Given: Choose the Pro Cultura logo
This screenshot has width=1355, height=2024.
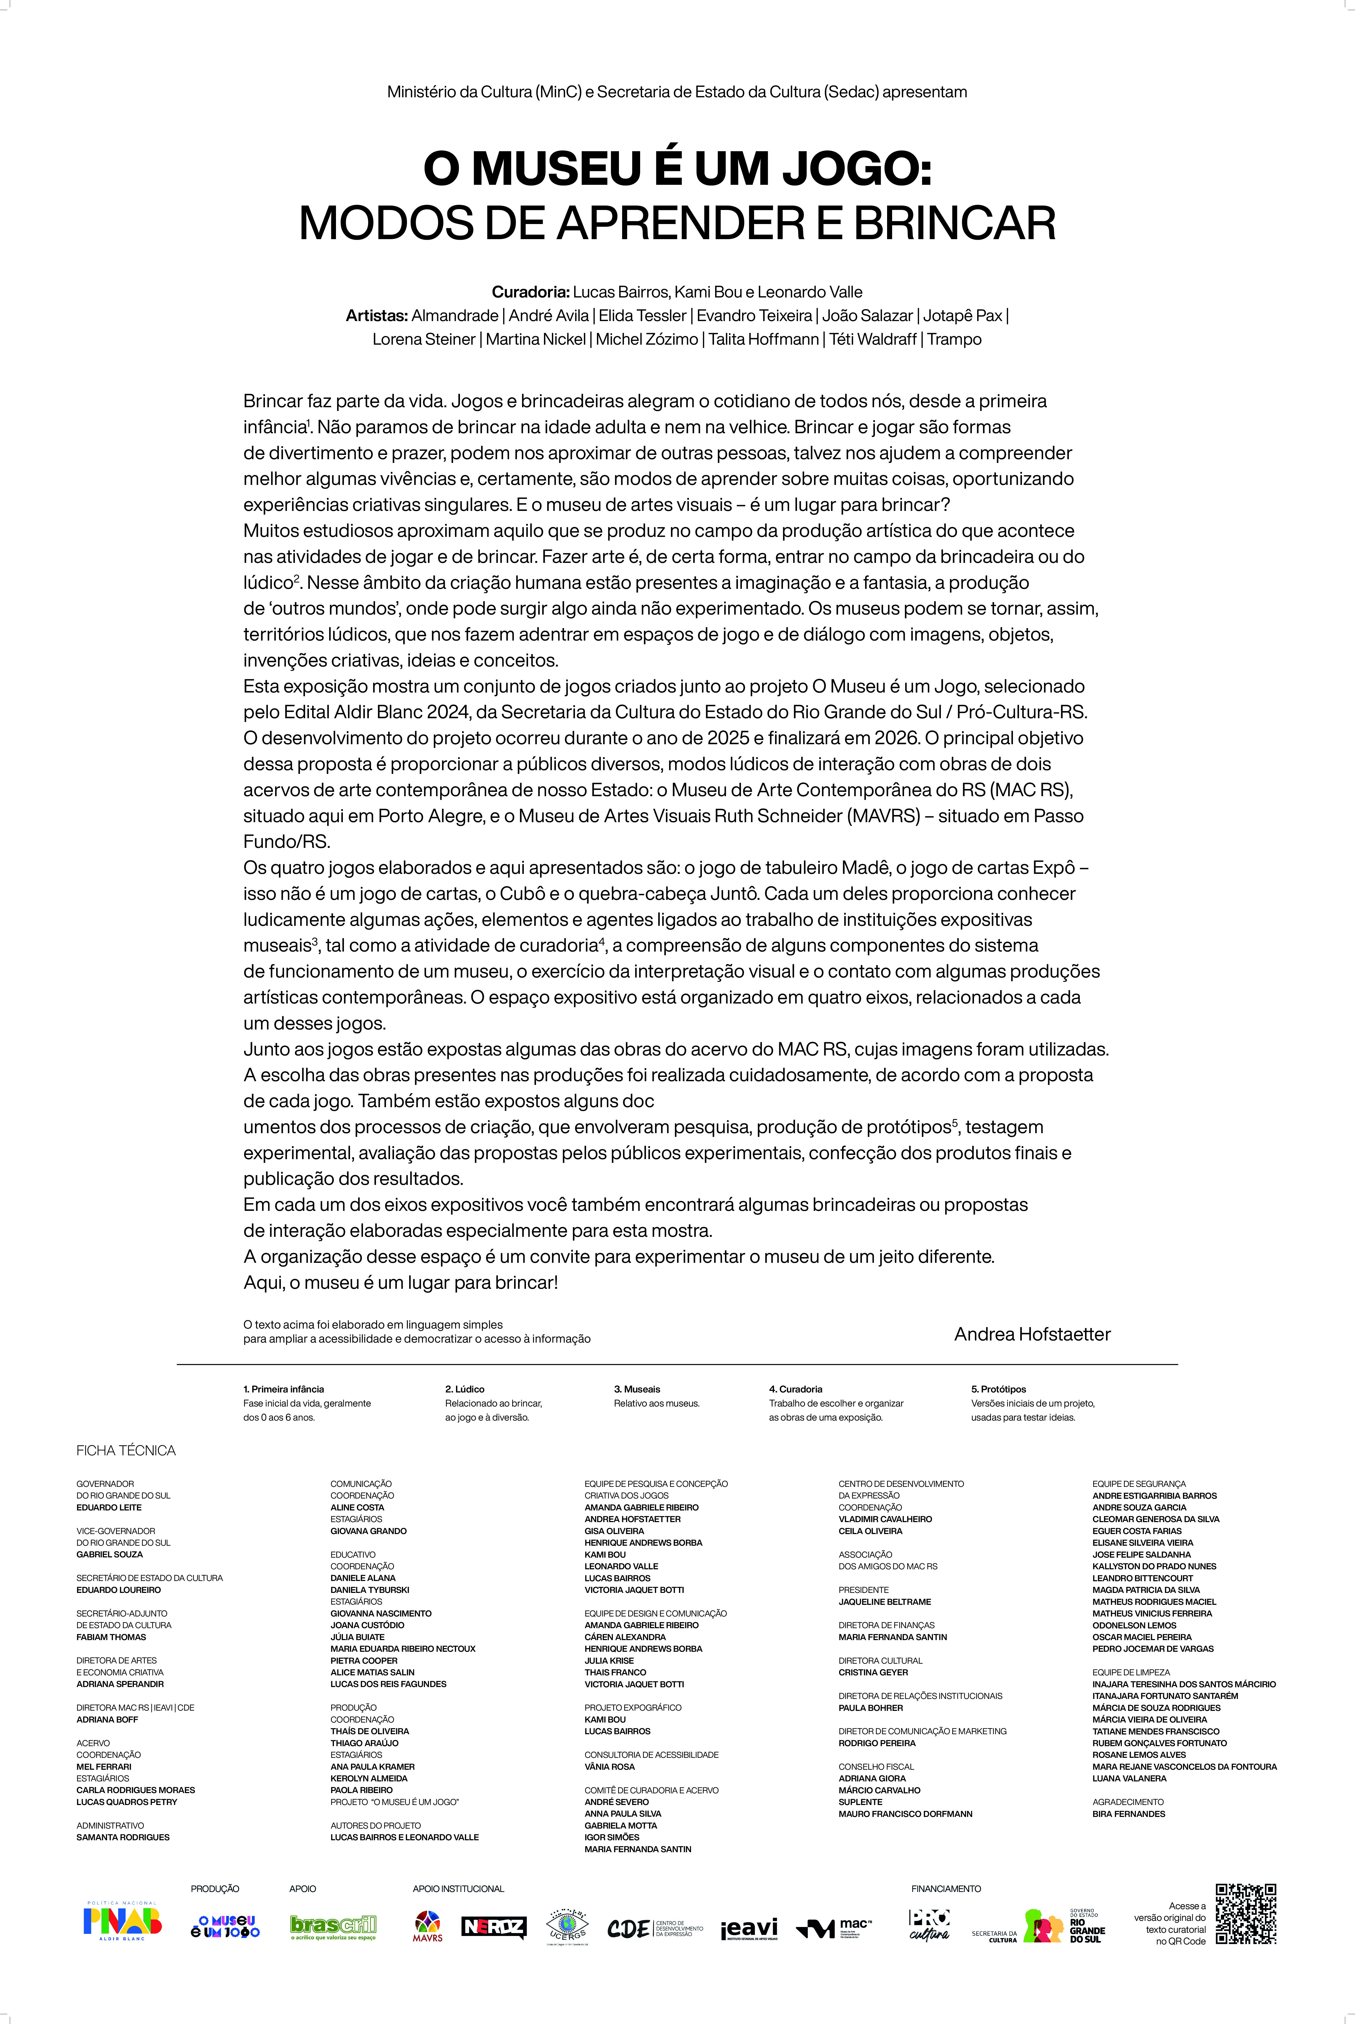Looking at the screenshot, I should [x=929, y=1925].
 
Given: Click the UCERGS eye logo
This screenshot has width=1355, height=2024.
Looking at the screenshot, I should [x=568, y=1925].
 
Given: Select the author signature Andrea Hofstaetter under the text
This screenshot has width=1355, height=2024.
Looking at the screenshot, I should [x=1032, y=1334].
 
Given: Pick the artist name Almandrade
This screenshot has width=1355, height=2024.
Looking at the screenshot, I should [x=455, y=316].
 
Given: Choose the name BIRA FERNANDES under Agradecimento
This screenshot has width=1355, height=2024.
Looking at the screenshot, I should [x=1128, y=1814].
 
